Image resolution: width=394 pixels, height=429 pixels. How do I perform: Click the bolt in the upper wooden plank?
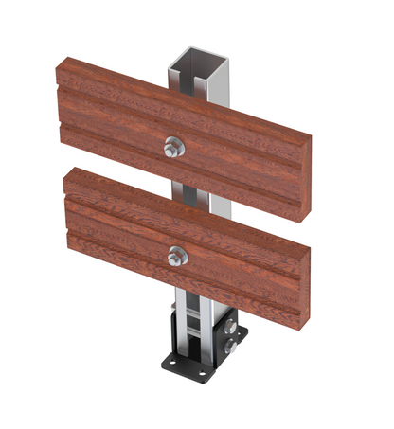tap(173, 147)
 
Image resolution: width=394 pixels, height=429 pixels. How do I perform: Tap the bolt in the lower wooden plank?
tap(176, 255)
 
